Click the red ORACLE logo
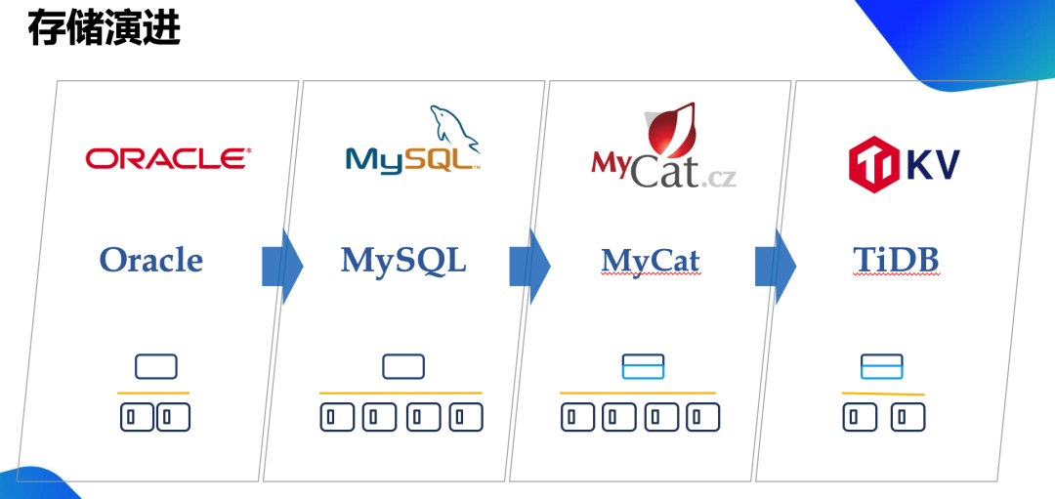pos(168,159)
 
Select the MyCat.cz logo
pos(663,151)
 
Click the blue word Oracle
pos(151,260)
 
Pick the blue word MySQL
pos(403,260)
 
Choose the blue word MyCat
pos(651,261)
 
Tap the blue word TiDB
pos(896,260)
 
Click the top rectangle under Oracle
pos(155,366)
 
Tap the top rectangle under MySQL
pos(402,366)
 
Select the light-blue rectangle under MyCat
pos(643,366)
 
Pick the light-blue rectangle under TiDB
pos(881,366)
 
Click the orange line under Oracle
pos(153,393)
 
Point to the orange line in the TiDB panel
pos(882,394)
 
